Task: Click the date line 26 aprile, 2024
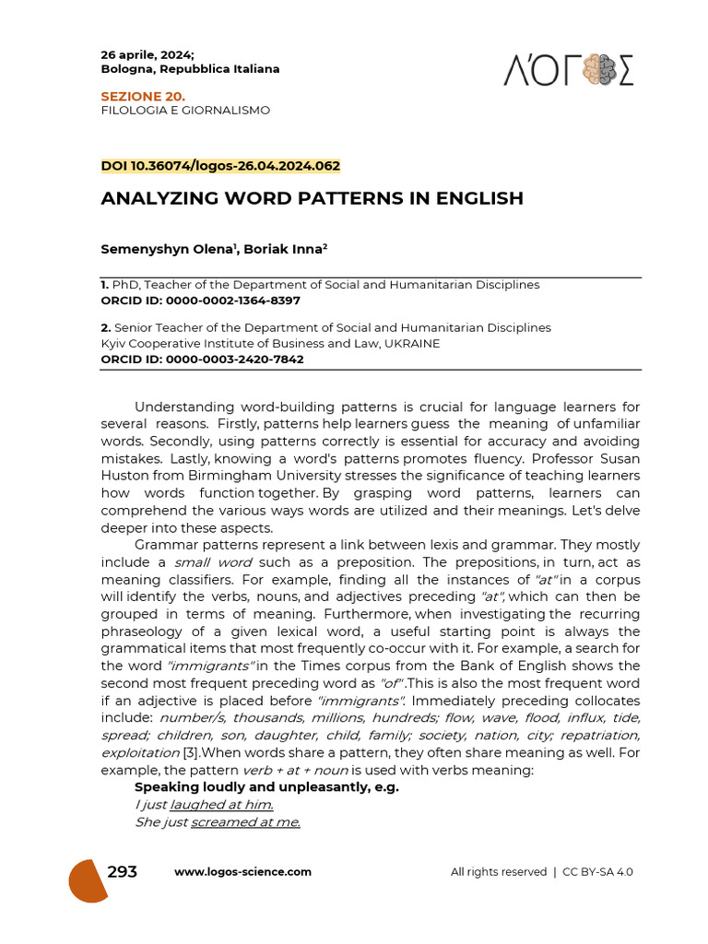[x=147, y=54]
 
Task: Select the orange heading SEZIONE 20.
[x=142, y=96]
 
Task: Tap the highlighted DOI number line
[x=220, y=166]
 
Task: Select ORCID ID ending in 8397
[x=200, y=301]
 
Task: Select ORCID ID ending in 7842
[x=202, y=360]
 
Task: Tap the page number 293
[x=123, y=872]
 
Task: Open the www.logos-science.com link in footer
[x=242, y=872]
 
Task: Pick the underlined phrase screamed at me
[x=245, y=822]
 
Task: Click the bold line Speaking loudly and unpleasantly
[x=266, y=788]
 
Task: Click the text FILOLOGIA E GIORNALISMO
[x=185, y=111]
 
